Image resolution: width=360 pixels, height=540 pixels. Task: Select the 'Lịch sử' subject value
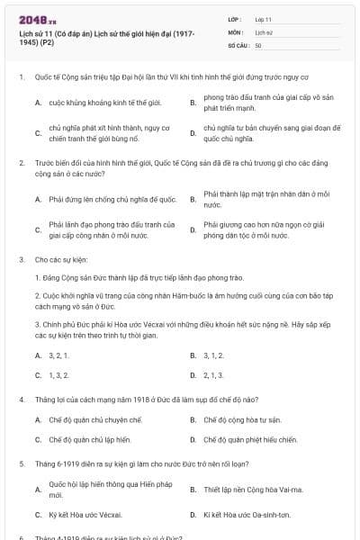(264, 31)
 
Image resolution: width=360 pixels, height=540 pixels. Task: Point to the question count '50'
(259, 44)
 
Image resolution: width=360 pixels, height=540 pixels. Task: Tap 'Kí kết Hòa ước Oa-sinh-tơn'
(247, 515)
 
